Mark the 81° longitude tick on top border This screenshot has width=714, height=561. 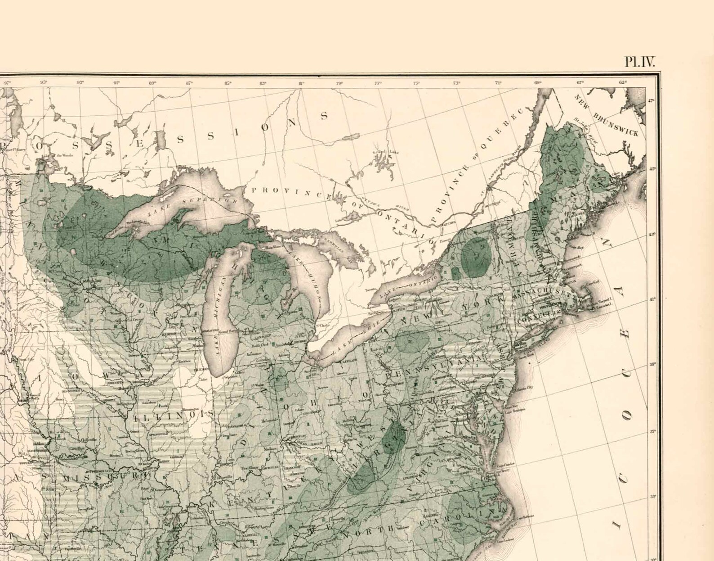(301, 83)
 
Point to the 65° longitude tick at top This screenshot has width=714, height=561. (623, 82)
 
